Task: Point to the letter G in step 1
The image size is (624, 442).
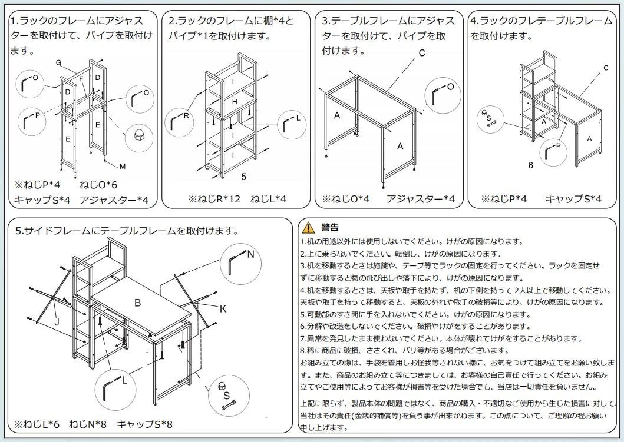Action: click(x=58, y=63)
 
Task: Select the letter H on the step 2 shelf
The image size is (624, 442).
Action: click(x=234, y=102)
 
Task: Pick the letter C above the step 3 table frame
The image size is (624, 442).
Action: click(x=422, y=53)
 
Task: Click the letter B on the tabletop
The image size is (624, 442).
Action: click(x=137, y=303)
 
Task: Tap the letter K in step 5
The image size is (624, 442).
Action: click(x=223, y=308)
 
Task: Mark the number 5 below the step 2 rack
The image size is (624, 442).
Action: click(x=243, y=175)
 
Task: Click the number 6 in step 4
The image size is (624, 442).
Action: click(x=530, y=165)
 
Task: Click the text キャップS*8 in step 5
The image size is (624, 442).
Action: click(x=144, y=424)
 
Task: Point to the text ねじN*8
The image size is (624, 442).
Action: click(x=88, y=424)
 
